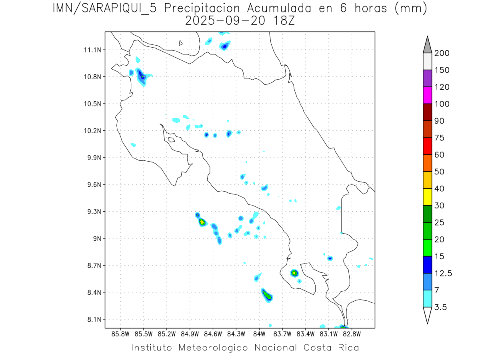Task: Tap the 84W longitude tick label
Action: (259, 333)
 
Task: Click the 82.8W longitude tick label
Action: (352, 333)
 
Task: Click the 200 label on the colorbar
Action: (442, 53)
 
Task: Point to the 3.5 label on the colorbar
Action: (440, 307)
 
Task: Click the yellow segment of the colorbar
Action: (427, 197)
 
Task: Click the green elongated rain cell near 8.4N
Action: (267, 295)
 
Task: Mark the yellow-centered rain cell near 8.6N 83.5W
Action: (294, 273)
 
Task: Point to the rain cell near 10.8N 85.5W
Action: (142, 76)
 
